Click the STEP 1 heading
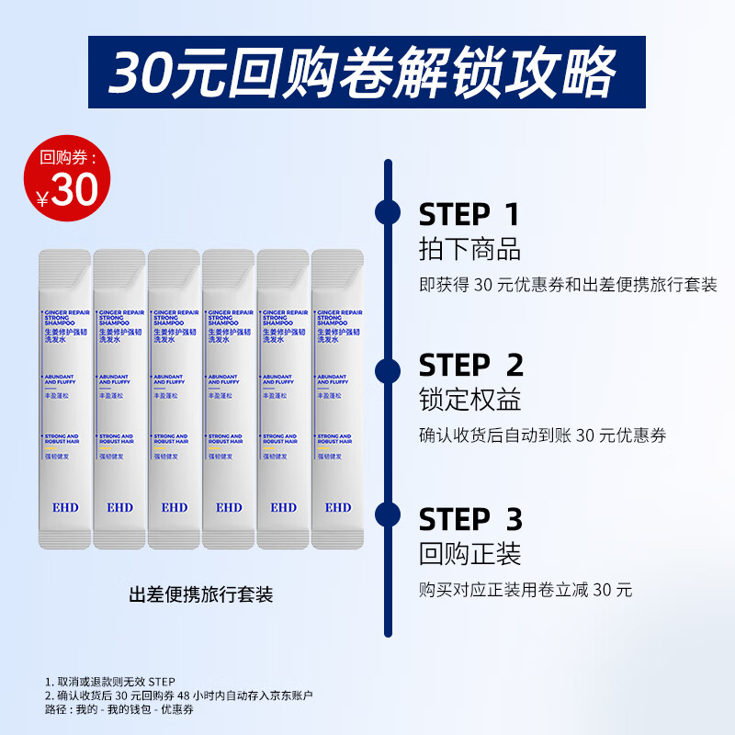click(x=469, y=214)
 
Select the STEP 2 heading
click(x=471, y=366)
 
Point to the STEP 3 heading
click(x=470, y=519)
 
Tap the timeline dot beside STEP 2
click(x=388, y=370)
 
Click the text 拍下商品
click(x=469, y=249)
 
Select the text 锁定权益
click(x=469, y=401)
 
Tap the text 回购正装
click(x=469, y=554)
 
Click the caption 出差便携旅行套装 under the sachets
click(x=201, y=594)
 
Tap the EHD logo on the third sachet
click(x=174, y=507)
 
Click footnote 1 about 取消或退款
click(x=109, y=681)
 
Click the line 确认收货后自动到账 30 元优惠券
click(x=543, y=436)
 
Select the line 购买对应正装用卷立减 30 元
click(x=526, y=590)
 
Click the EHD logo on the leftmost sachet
click(x=65, y=507)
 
